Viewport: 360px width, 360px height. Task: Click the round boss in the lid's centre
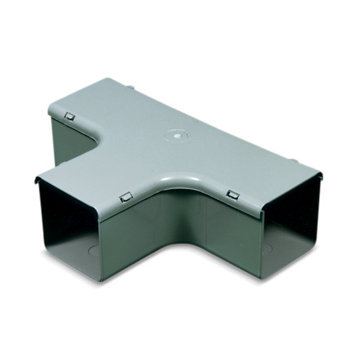(x=176, y=136)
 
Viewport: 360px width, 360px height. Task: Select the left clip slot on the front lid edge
(x=126, y=197)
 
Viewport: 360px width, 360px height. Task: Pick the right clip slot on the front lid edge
(x=233, y=195)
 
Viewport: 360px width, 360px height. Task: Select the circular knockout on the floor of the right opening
(x=268, y=249)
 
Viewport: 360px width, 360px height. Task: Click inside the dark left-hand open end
(x=68, y=223)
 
